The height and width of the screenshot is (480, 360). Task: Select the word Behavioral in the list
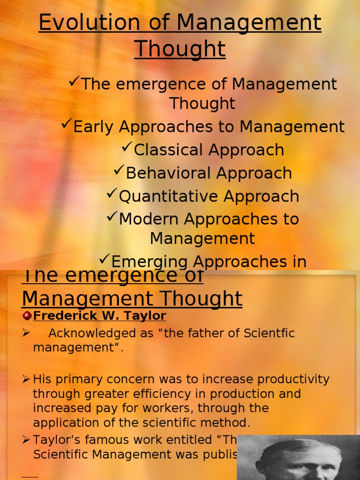click(x=162, y=173)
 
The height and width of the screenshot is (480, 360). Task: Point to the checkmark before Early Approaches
click(x=67, y=125)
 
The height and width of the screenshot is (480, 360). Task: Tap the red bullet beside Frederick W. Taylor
click(x=27, y=316)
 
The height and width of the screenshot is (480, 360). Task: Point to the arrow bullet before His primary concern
click(x=26, y=379)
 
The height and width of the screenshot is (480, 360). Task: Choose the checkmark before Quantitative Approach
click(x=112, y=194)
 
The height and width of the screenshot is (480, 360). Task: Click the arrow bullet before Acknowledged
click(x=26, y=333)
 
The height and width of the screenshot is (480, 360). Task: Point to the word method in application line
click(x=227, y=422)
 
